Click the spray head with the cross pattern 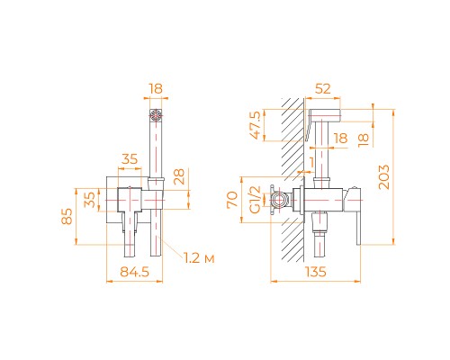point(154,114)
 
